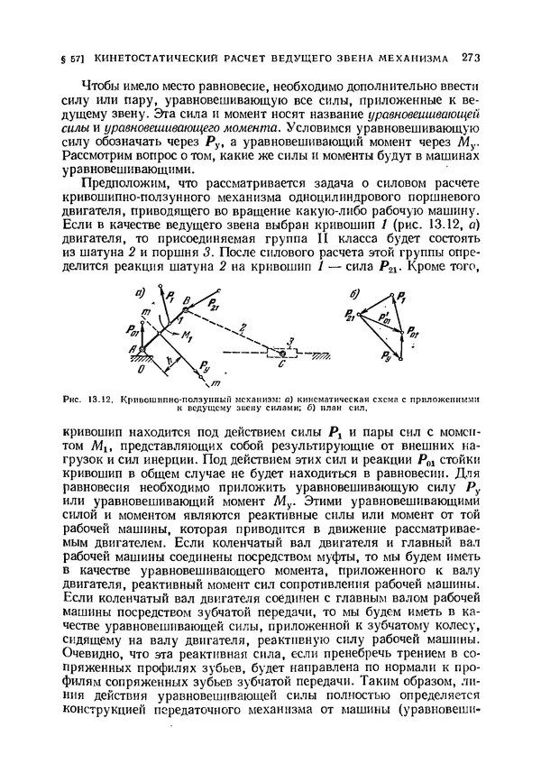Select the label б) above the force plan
pyautogui.click(x=354, y=292)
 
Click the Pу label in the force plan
pyautogui.click(x=386, y=358)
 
